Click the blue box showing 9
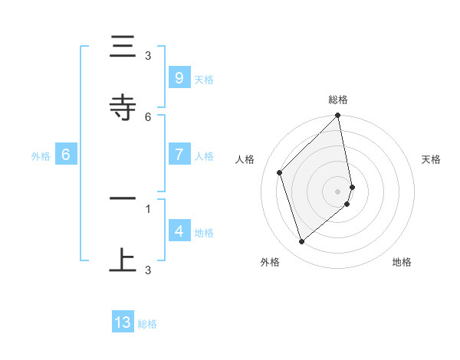[x=179, y=77]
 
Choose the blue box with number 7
[x=179, y=154]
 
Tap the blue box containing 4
[x=179, y=231]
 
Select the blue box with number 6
[x=66, y=154]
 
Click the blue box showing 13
[x=123, y=322]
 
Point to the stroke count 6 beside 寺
[x=148, y=116]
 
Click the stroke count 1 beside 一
[x=148, y=208]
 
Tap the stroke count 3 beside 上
[x=148, y=270]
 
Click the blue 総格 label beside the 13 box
[x=147, y=324]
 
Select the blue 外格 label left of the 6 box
[x=41, y=155]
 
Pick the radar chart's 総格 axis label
[x=338, y=100]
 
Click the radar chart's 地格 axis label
[x=402, y=262]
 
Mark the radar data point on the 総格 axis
[x=338, y=116]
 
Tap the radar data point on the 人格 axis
[x=280, y=172]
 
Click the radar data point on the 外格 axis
[x=301, y=242]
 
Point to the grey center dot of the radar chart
[x=338, y=191]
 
